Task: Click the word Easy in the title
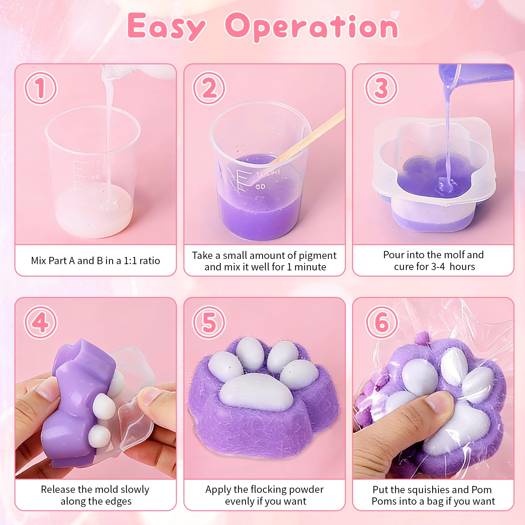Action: tap(166, 26)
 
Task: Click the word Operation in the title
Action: tap(311, 26)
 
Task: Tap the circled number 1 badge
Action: tap(41, 88)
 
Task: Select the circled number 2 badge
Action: tap(209, 88)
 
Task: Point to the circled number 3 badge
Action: tap(381, 88)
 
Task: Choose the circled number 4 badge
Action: tap(41, 322)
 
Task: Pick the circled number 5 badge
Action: tap(209, 322)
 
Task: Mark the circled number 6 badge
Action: tap(381, 322)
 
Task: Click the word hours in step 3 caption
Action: tap(462, 266)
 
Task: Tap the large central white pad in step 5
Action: tap(256, 391)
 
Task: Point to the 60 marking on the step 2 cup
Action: tap(261, 186)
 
